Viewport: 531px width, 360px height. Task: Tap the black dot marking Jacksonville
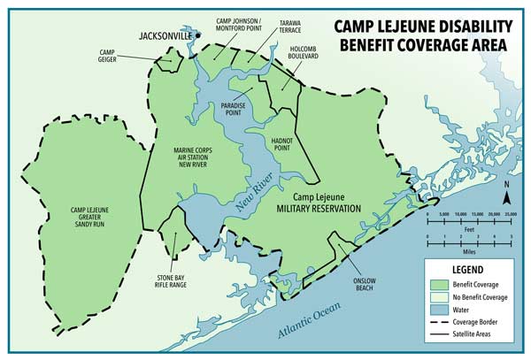click(x=200, y=36)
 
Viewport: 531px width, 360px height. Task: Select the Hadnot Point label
click(x=282, y=143)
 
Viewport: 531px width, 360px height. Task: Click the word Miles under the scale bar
click(x=469, y=248)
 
